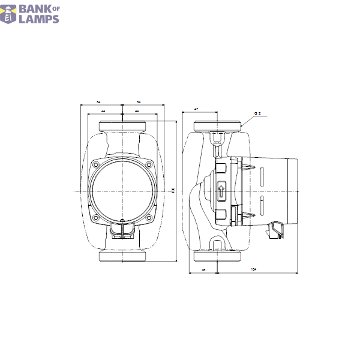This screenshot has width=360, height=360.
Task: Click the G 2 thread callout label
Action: (257, 113)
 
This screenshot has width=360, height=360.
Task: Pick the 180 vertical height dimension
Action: (174, 191)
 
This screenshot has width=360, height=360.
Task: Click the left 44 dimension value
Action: (104, 112)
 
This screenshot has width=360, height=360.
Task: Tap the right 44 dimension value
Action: (137, 112)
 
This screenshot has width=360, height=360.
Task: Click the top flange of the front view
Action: (122, 127)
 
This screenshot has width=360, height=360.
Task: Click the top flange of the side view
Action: (217, 127)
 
